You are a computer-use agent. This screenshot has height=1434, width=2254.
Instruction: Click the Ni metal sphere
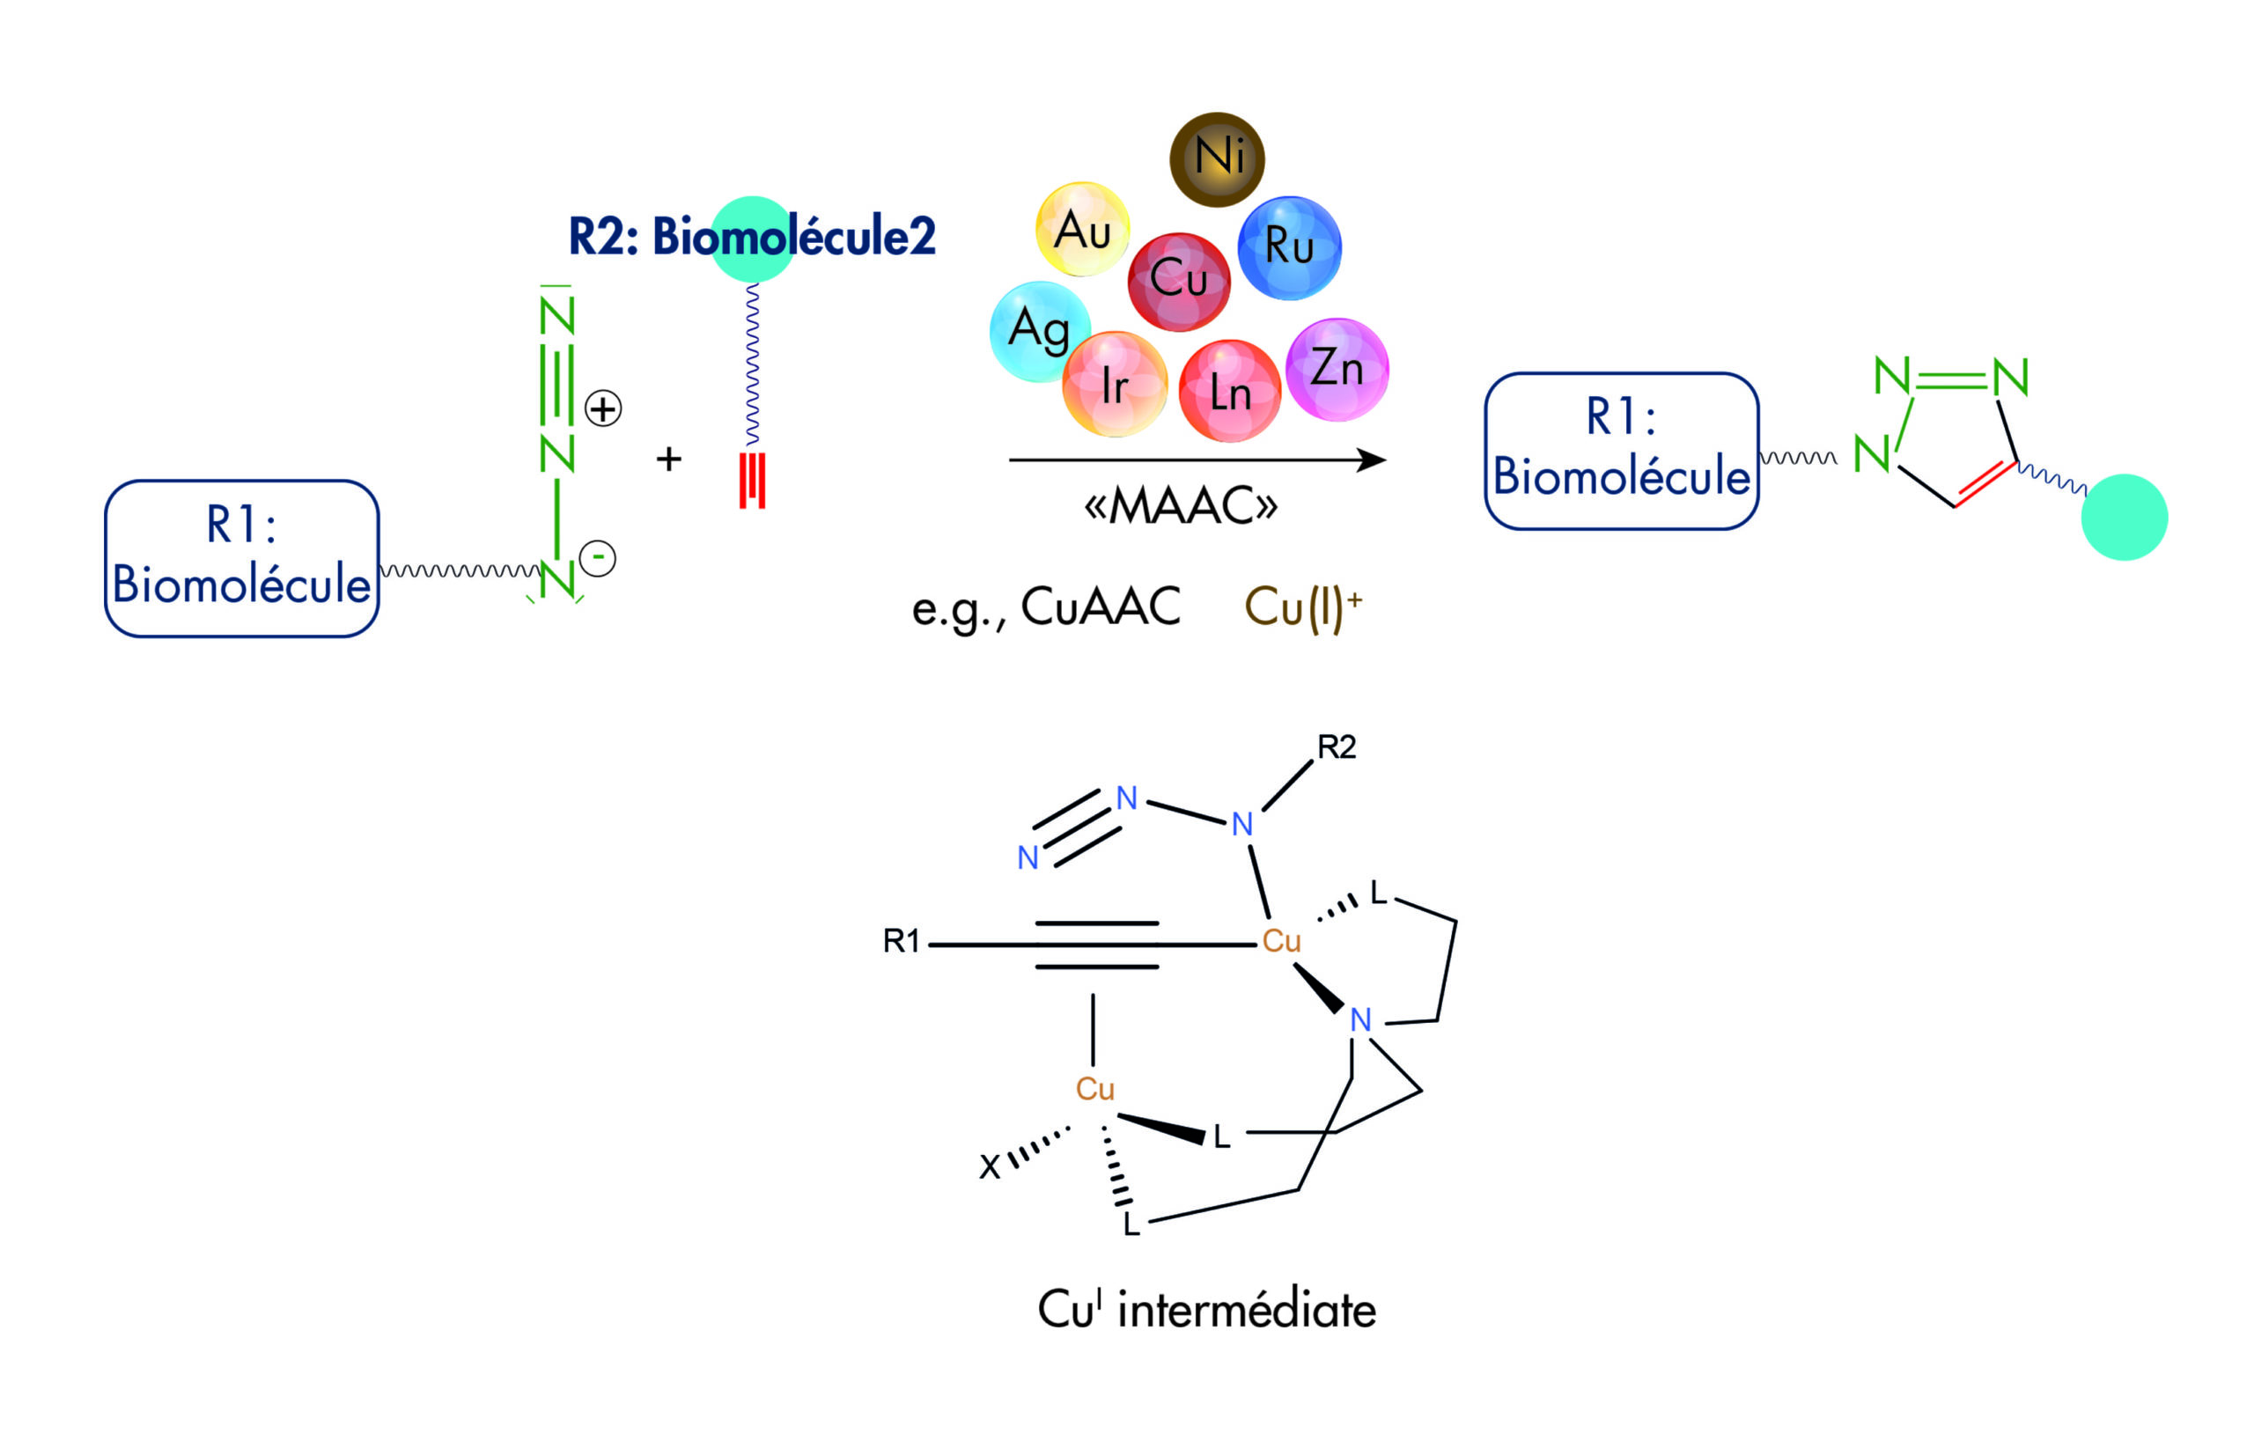click(x=1217, y=159)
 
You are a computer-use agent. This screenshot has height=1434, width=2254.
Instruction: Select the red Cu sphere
click(x=1178, y=281)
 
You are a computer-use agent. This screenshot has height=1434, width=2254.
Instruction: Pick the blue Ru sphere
click(x=1289, y=247)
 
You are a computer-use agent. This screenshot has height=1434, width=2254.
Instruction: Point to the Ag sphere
click(x=1039, y=331)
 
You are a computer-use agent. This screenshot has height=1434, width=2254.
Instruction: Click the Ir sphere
click(x=1114, y=384)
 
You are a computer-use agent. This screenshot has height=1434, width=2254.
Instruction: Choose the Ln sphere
click(x=1229, y=390)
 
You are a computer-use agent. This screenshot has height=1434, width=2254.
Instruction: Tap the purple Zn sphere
click(x=1337, y=369)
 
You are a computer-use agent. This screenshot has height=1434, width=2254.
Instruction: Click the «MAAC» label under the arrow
click(x=1181, y=506)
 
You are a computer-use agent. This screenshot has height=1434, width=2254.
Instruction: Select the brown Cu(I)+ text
click(x=1302, y=607)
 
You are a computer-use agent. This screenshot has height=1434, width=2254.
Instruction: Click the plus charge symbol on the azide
click(x=603, y=409)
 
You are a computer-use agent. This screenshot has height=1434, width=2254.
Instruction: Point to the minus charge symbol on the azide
click(x=597, y=559)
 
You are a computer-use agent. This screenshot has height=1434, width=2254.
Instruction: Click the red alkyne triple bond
click(x=752, y=480)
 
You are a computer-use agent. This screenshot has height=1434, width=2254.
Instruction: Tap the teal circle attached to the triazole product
click(x=2124, y=518)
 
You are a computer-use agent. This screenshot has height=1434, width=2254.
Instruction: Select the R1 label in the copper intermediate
click(x=902, y=941)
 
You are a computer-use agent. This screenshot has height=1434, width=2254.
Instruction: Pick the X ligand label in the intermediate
click(x=990, y=1166)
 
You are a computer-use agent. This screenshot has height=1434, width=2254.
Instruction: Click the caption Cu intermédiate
click(x=1206, y=1310)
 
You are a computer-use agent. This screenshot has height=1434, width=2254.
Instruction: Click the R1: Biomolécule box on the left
click(x=241, y=559)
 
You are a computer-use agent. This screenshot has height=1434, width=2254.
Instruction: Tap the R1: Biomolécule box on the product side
click(x=1621, y=452)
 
